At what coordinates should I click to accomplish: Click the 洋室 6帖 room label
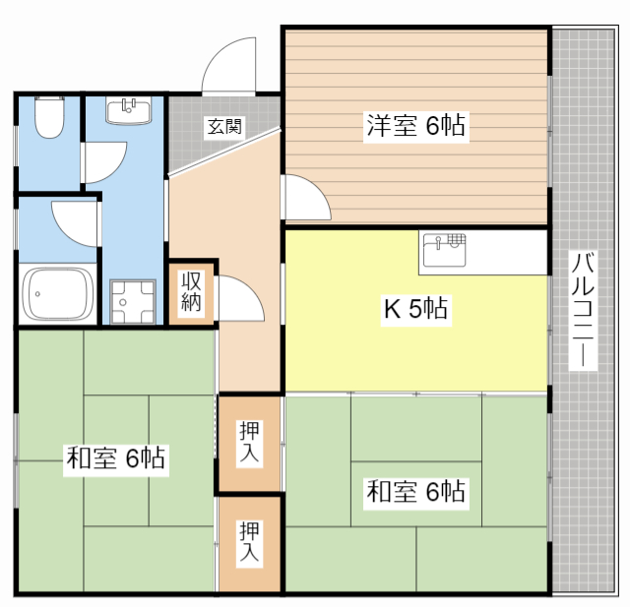pos(415,125)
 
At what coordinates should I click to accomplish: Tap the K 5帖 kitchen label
pos(415,308)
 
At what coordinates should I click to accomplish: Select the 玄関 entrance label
pos(224,127)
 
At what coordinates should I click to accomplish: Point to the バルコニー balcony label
pos(583,309)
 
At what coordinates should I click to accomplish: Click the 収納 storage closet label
pos(191,291)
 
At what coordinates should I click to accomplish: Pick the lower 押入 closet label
pos(249,541)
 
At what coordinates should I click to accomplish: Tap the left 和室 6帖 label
pos(116,457)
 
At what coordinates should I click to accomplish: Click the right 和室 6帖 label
pos(415,491)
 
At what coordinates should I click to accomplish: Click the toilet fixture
pos(49,116)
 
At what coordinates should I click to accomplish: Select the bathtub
pos(57,294)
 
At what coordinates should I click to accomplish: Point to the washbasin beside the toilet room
pos(129,110)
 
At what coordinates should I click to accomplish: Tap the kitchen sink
pos(444,251)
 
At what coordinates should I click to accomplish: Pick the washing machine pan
pos(133,301)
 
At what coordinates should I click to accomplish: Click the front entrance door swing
pos(229,65)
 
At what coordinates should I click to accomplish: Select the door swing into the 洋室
pos(306,197)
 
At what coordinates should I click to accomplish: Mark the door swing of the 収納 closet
pos(241,298)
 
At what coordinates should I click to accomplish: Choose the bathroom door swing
pos(75,223)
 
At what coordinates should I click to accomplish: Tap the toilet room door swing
pos(105,162)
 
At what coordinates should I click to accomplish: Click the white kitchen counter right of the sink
pos(507,253)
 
